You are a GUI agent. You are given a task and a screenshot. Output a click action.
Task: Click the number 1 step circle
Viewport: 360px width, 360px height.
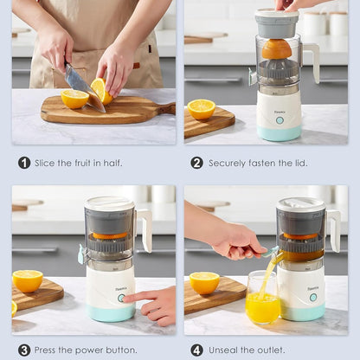[24, 163]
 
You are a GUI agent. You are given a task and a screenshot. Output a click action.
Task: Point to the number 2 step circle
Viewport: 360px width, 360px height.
[196, 163]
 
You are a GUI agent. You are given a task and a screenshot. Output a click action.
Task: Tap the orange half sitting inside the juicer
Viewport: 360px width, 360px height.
[277, 48]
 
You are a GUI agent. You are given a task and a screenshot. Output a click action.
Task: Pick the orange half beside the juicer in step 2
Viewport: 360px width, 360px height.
[202, 108]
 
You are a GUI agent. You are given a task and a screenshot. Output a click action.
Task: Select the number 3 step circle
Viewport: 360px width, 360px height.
[24, 350]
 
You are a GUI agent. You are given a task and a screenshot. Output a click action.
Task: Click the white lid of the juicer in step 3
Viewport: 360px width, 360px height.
[109, 204]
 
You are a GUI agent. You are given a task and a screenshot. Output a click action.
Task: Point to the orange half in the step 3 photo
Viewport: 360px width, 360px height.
[28, 280]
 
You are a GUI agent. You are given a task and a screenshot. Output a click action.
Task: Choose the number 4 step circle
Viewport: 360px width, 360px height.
[196, 350]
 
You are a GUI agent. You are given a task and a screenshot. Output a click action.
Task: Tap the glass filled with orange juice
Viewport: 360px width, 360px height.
[262, 299]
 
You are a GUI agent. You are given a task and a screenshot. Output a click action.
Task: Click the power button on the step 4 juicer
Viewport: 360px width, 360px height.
[312, 297]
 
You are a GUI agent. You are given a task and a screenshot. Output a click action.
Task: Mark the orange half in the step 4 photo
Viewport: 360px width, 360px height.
[204, 282]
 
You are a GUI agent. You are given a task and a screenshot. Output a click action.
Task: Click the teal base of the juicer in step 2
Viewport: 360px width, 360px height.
[279, 132]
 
